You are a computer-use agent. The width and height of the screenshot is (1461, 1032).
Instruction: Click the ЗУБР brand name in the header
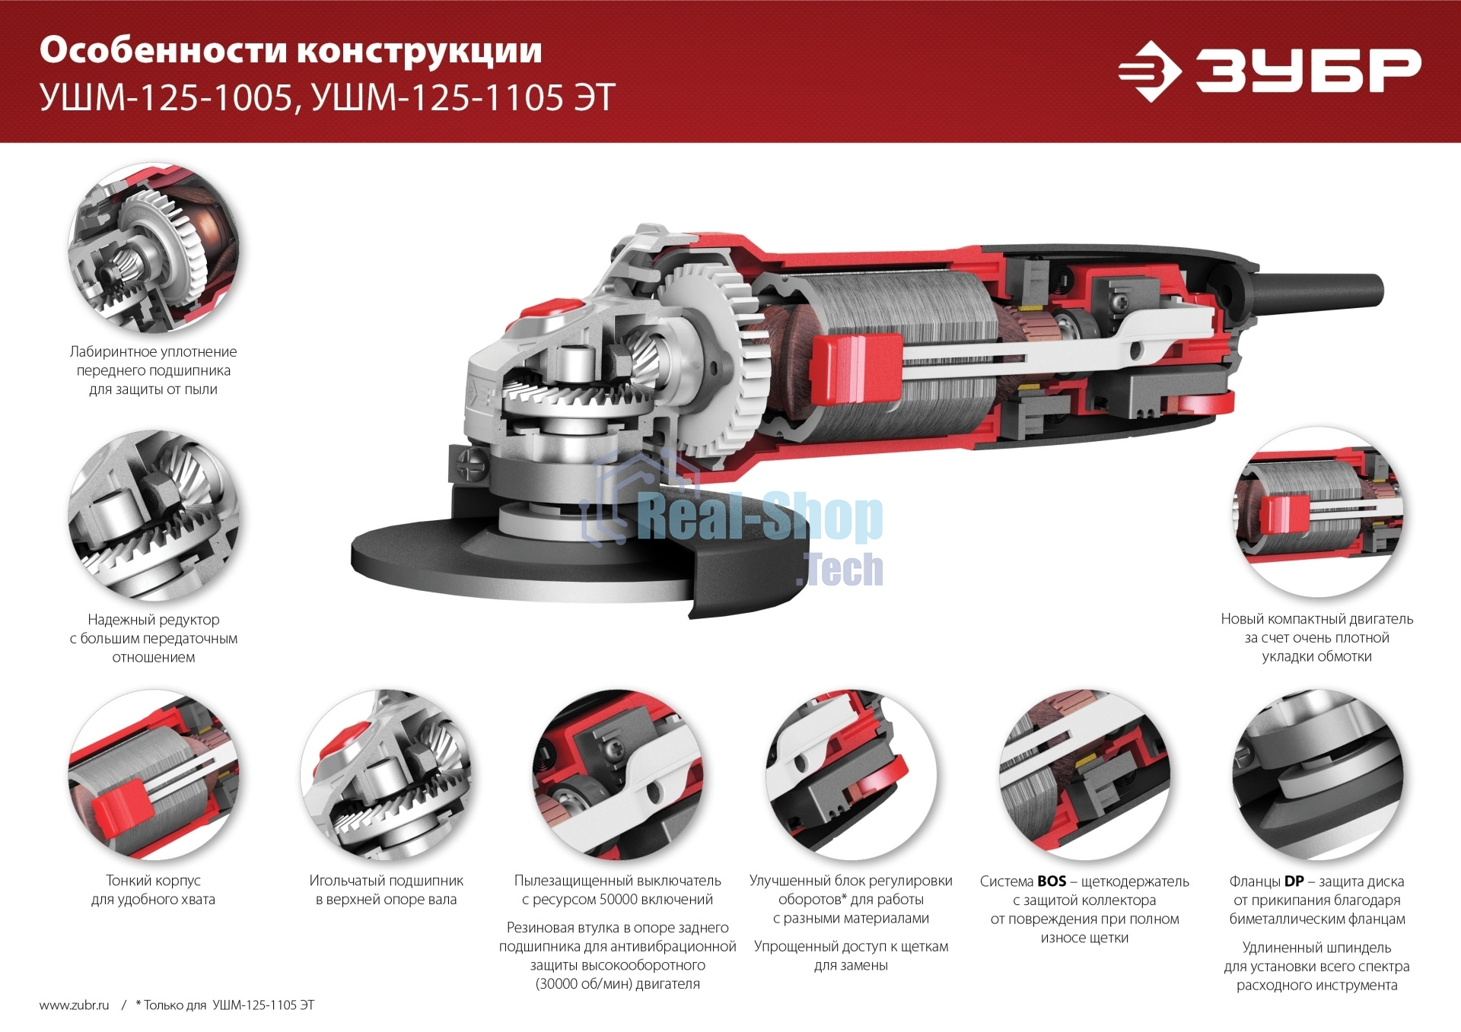click(1307, 71)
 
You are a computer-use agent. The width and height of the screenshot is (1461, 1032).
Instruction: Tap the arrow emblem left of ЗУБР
click(1149, 71)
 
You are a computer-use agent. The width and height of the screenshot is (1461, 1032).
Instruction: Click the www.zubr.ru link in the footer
click(75, 1005)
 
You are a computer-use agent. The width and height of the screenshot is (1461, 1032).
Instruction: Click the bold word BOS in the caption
click(1052, 881)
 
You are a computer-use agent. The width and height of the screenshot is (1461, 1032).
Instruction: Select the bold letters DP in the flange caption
click(1294, 881)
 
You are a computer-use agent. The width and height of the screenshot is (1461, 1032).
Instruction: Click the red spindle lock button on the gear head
click(549, 309)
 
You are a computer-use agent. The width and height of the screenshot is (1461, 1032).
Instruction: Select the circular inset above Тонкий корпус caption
click(154, 775)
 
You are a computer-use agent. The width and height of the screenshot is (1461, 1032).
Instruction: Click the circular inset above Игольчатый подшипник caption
click(386, 775)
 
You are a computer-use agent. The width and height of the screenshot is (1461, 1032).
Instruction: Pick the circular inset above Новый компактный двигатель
click(1317, 511)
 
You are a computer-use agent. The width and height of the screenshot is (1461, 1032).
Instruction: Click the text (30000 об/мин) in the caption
click(582, 983)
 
